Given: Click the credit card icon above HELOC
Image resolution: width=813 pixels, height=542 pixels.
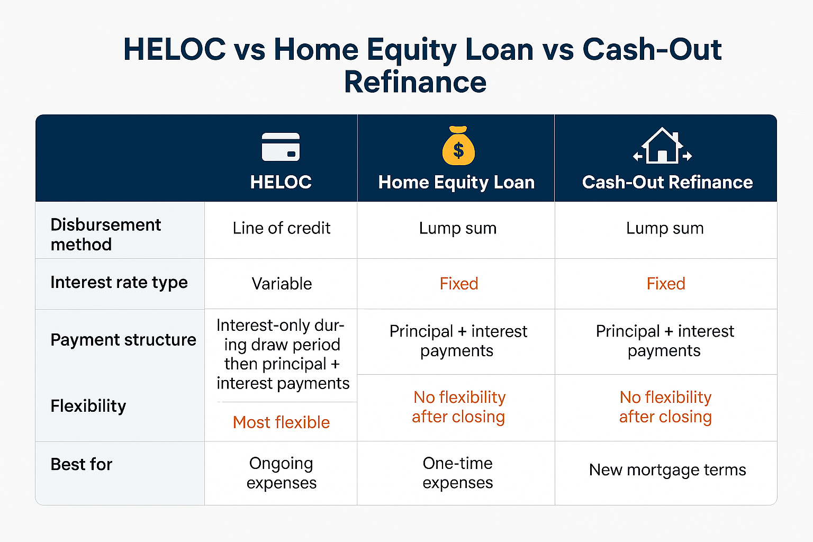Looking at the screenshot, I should coord(281,147).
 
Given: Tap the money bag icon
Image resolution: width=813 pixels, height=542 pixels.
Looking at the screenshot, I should coord(458,146).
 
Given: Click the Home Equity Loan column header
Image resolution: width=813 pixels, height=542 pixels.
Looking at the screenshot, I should coord(456,182).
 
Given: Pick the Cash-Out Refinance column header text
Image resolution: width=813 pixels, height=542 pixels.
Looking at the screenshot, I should coord(667,182).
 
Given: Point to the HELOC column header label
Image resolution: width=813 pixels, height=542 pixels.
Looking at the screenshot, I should coord(281,182).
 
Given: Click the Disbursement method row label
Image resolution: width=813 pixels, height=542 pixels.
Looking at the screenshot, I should coord(105,234).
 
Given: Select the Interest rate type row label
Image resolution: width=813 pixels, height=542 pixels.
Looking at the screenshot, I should coord(119,282).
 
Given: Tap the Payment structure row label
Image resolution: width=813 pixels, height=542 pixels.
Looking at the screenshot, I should coord(123,339).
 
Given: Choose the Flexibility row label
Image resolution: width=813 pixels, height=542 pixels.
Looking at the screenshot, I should coord(88,406).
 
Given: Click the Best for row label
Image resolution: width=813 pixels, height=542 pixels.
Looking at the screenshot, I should coord(82,464).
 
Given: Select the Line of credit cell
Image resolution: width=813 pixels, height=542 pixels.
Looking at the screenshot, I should coord(281,228).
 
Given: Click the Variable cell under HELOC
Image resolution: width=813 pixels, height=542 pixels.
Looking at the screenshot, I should coord(282,284).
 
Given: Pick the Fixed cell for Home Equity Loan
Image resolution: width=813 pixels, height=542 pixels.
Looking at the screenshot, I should coord(458,284).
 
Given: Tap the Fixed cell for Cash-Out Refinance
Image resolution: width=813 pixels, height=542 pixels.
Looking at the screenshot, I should coord(665,284).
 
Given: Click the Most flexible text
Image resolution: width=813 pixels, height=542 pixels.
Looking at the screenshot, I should coord(281,422).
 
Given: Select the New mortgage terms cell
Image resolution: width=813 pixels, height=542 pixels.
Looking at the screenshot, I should coord(667,469).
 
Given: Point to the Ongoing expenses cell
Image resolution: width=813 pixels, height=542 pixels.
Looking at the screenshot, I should coord(281,473).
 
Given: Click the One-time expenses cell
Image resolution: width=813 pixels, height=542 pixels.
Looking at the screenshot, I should coord(457,473).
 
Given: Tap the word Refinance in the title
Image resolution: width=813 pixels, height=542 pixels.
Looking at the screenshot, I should coord(415,82).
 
